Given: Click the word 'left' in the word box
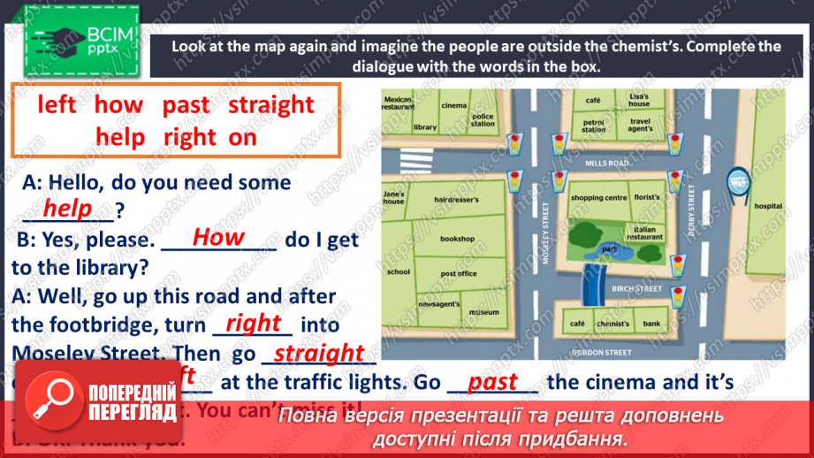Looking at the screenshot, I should click(x=57, y=105).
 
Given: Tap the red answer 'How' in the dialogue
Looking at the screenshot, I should click(x=217, y=237).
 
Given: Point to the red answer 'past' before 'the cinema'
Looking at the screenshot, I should click(x=492, y=382).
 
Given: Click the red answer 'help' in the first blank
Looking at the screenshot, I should click(x=68, y=209).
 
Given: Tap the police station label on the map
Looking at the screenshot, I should click(x=483, y=119).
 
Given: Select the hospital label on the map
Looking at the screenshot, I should click(x=767, y=206).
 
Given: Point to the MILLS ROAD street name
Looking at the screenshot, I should click(x=606, y=164).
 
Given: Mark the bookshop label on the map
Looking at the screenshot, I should click(x=457, y=239).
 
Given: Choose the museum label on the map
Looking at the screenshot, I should click(x=483, y=313).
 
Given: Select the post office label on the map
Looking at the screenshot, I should click(x=458, y=274).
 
